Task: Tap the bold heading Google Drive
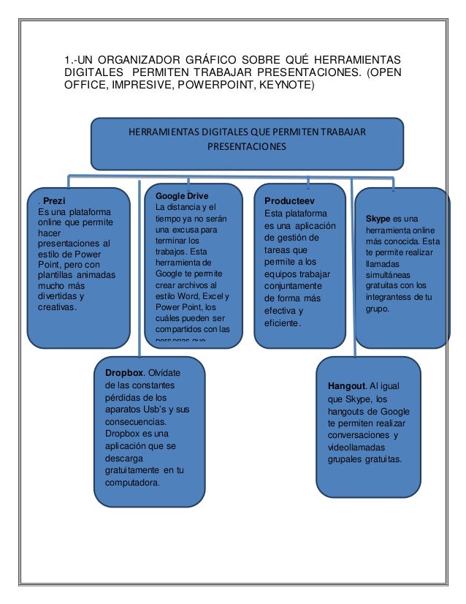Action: [182, 196]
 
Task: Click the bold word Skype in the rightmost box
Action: [378, 219]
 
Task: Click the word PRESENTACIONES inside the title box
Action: [248, 146]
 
